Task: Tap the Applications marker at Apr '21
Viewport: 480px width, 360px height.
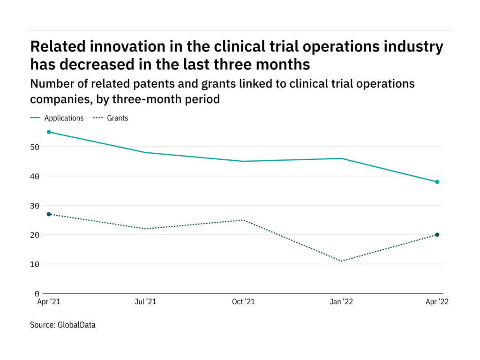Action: [49, 132]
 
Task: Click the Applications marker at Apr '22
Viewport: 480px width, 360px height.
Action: [437, 182]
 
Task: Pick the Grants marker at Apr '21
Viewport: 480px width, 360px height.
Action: [49, 214]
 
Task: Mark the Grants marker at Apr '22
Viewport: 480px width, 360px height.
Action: [437, 235]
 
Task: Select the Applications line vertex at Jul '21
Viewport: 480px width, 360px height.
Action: [146, 152]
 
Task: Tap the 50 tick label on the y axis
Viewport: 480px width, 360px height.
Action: [36, 147]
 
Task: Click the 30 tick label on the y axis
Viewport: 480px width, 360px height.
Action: [36, 206]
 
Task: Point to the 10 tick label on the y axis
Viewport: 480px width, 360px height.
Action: [36, 264]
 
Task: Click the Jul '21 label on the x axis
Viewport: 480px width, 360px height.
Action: [146, 302]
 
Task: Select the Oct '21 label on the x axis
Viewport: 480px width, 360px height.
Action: [243, 302]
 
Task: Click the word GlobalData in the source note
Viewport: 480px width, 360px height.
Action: [77, 324]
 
